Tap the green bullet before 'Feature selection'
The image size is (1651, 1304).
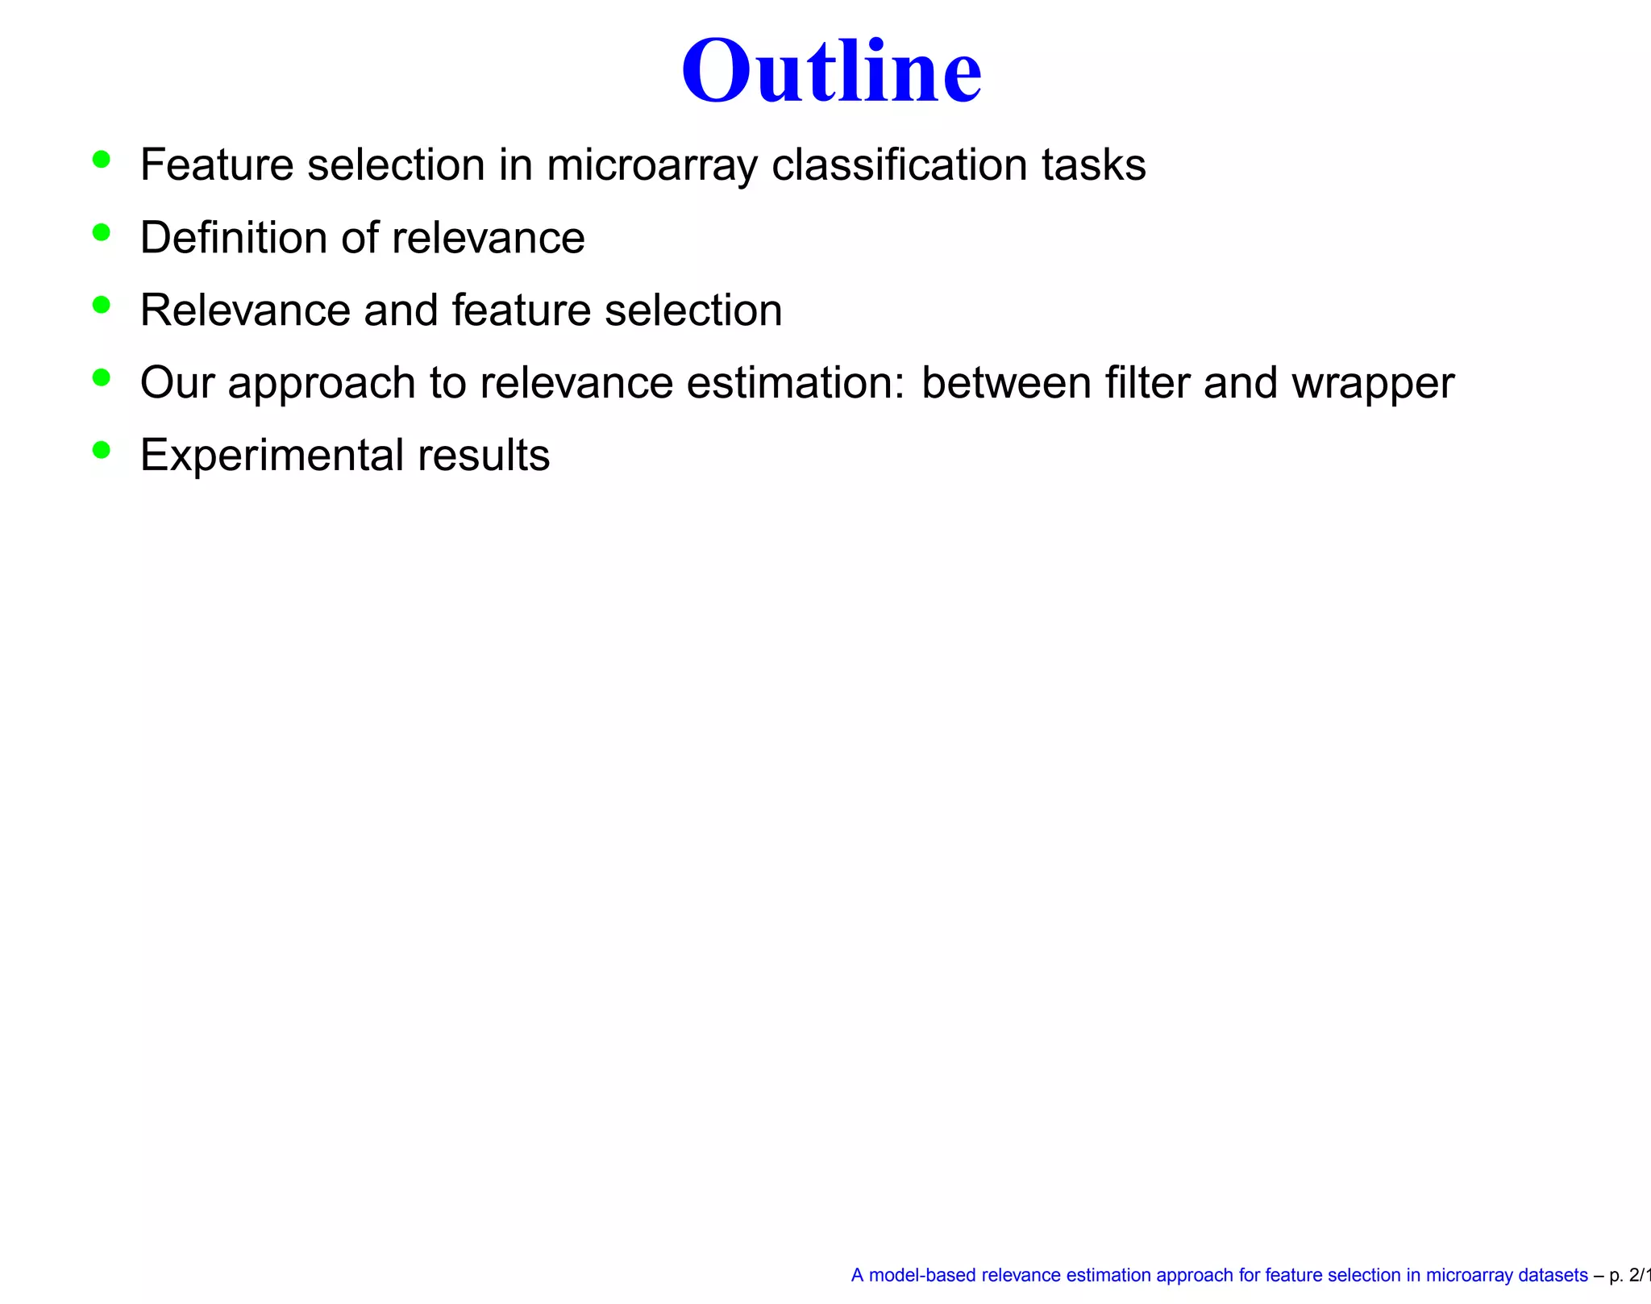tap(101, 160)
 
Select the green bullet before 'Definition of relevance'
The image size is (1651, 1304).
tap(101, 233)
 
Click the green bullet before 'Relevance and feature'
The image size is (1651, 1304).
tap(101, 305)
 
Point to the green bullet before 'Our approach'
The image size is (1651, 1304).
tap(101, 377)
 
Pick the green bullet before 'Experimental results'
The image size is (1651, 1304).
tap(101, 450)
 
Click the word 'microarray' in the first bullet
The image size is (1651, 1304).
tap(651, 166)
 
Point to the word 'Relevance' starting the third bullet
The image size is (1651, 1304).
tap(245, 310)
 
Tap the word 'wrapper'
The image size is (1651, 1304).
tap(1373, 384)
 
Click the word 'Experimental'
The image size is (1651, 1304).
tap(272, 456)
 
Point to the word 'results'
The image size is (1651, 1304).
tap(484, 456)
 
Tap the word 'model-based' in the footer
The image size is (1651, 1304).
tap(921, 1275)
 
